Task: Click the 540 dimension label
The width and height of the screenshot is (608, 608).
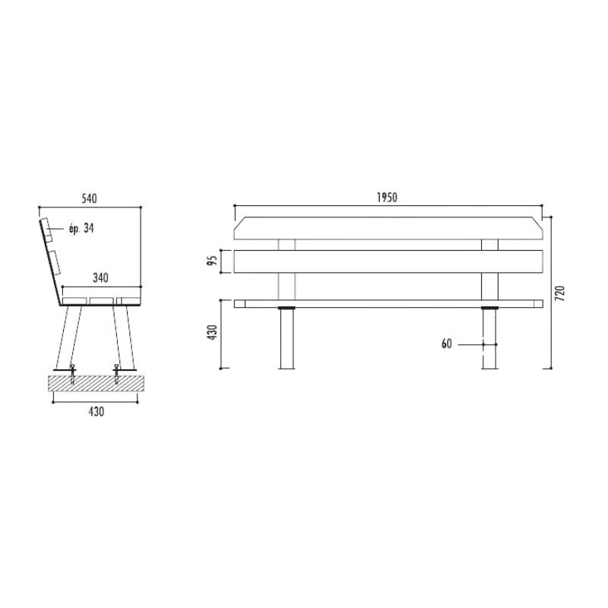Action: [x=89, y=198]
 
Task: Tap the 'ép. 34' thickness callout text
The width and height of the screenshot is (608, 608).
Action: [x=81, y=228]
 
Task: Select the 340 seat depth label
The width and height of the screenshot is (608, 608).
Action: [x=100, y=277]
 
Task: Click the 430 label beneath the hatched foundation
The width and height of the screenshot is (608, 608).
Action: [x=97, y=411]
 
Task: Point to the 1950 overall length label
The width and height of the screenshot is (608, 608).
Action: [x=387, y=198]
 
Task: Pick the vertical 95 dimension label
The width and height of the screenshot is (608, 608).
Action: [x=212, y=261]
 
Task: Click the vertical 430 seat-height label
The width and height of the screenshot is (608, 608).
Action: [x=213, y=333]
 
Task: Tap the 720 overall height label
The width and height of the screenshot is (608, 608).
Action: [x=560, y=293]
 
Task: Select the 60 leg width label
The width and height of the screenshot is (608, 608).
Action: [x=447, y=344]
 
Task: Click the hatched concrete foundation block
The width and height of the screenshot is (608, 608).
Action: [x=97, y=383]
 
